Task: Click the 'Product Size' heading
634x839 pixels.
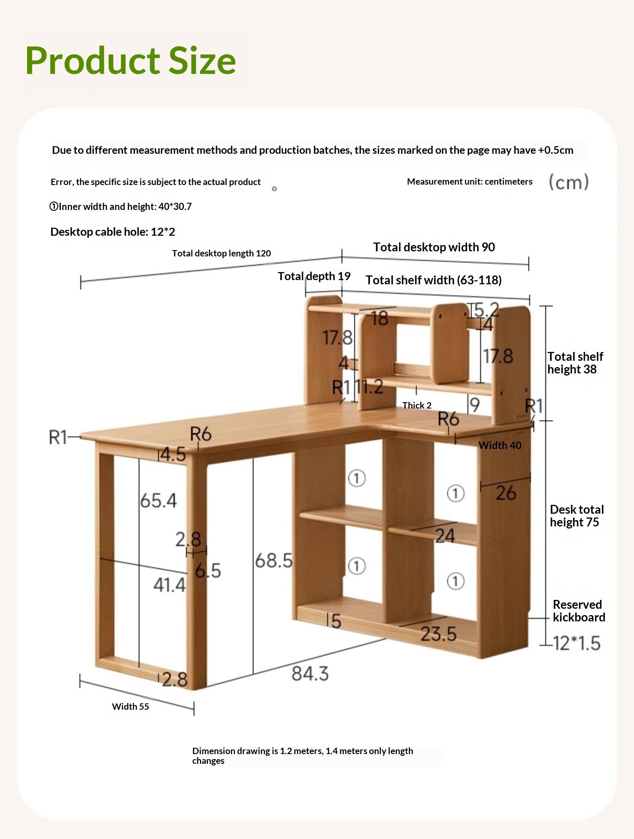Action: [x=130, y=61]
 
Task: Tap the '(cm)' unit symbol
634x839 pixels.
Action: [x=568, y=183]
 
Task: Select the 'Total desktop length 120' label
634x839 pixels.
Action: [x=221, y=253]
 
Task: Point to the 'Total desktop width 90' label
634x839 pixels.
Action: [x=434, y=247]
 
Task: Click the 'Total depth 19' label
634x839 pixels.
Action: [x=314, y=276]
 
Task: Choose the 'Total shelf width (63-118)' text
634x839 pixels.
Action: [x=433, y=280]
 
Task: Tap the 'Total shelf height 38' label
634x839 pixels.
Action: [x=575, y=363]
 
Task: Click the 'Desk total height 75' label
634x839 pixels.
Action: [x=576, y=516]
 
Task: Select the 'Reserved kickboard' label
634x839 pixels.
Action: [x=579, y=611]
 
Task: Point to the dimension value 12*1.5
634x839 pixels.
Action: [x=577, y=643]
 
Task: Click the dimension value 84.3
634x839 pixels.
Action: [x=310, y=673]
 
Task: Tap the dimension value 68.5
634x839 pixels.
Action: [x=273, y=561]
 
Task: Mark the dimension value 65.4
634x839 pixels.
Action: [x=158, y=501]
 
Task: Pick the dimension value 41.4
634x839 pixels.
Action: [x=169, y=585]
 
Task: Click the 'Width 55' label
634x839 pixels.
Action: [x=130, y=706]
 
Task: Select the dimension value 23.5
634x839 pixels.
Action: [x=438, y=634]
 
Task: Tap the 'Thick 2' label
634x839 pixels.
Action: [x=417, y=406]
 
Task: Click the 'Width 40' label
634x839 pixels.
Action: [x=500, y=445]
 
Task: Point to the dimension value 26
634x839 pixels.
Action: [x=506, y=493]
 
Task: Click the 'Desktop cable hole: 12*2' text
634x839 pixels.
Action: [x=112, y=232]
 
